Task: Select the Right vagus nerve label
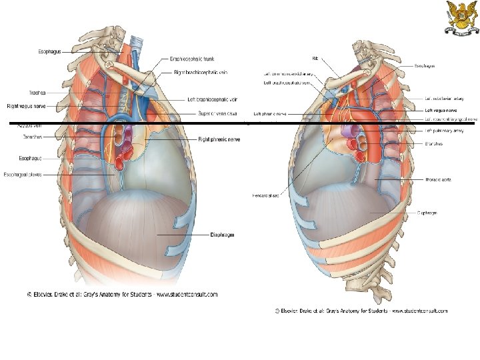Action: (x=27, y=106)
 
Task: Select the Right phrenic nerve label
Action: (x=219, y=139)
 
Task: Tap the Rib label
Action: (x=315, y=57)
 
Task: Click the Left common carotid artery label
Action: (x=291, y=74)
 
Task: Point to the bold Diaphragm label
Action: (x=222, y=235)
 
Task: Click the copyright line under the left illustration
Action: (x=122, y=294)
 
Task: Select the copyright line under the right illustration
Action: (x=361, y=311)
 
